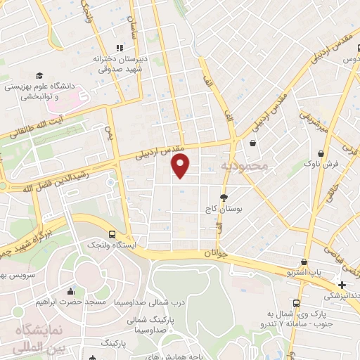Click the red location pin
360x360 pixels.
point(181,165)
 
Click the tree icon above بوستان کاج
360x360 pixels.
point(224,198)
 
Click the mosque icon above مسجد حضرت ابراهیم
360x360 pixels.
point(70,291)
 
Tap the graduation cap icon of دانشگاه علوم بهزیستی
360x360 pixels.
point(39,75)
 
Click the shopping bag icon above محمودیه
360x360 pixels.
point(252,143)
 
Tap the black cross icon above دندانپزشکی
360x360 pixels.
point(342,285)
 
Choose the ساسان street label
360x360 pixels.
point(131,21)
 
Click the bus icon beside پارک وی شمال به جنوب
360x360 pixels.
point(297,303)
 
